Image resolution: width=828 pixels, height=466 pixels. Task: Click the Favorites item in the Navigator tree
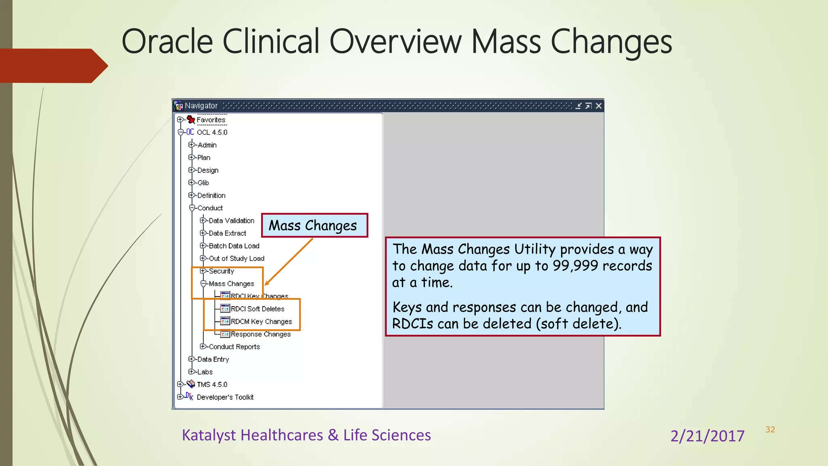[211, 120]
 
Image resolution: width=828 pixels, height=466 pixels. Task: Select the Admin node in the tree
[207, 145]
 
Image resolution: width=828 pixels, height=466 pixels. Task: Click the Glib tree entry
[203, 183]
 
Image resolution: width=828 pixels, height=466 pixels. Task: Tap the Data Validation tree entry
[231, 220]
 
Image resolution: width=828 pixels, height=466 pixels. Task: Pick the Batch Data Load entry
[234, 246]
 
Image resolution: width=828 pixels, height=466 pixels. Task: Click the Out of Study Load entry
[236, 258]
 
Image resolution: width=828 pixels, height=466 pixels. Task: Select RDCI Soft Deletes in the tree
[257, 309]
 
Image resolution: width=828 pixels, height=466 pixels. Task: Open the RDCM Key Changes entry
[261, 322]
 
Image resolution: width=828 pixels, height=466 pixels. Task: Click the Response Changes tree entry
[260, 334]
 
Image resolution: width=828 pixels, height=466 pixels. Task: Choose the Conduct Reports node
[234, 347]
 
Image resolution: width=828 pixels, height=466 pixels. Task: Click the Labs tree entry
[205, 372]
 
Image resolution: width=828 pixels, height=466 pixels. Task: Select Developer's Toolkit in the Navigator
[225, 397]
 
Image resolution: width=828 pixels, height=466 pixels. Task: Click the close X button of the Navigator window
[598, 106]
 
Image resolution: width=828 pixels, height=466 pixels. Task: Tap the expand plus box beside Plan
[191, 157]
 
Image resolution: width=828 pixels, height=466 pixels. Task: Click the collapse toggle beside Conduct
[192, 208]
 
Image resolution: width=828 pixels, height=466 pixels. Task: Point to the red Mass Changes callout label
[314, 225]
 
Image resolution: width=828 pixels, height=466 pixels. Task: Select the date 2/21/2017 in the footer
[707, 436]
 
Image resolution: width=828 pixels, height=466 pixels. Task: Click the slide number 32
[770, 430]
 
